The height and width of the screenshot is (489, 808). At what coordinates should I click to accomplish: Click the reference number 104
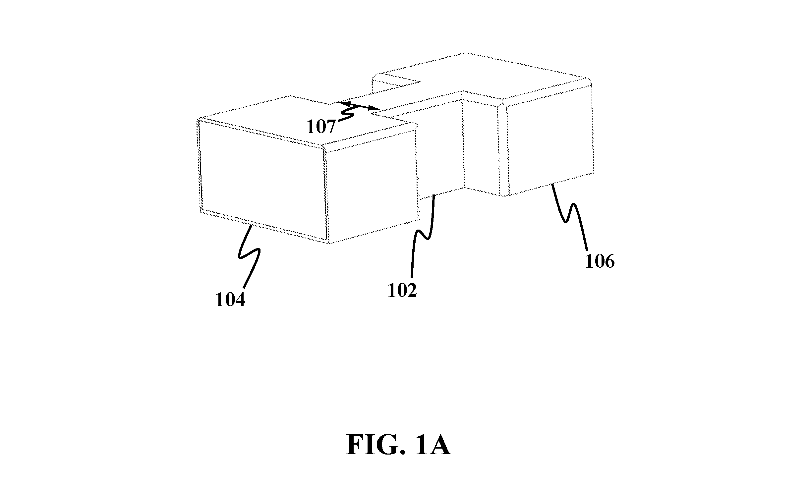tap(230, 300)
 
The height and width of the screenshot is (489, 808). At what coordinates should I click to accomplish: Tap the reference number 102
tap(402, 291)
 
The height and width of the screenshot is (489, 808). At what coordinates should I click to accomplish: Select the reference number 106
tap(600, 261)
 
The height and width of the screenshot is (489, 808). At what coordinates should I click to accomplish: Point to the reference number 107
tap(321, 127)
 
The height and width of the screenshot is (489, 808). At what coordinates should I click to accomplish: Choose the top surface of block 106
tap(497, 80)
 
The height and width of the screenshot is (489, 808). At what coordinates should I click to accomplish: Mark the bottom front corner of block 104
tap(328, 243)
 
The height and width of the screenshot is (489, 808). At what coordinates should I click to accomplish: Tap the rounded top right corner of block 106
tap(589, 81)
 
